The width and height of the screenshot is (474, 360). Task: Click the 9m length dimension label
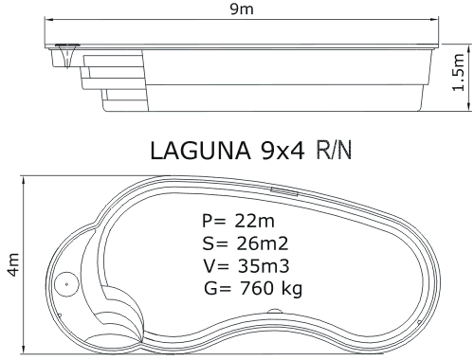coord(242,9)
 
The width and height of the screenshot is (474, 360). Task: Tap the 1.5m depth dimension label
coord(458,72)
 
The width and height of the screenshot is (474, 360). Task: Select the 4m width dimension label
coord(13,264)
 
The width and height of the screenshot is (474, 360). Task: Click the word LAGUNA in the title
coord(201,151)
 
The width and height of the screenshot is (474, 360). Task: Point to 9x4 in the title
coord(283,151)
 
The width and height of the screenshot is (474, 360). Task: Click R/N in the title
coord(334,151)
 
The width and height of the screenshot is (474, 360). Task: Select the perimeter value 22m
coord(254,221)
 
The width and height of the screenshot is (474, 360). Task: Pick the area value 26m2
coord(262,243)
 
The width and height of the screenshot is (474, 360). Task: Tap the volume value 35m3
coord(264,266)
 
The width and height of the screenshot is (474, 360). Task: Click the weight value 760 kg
coord(271,288)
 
